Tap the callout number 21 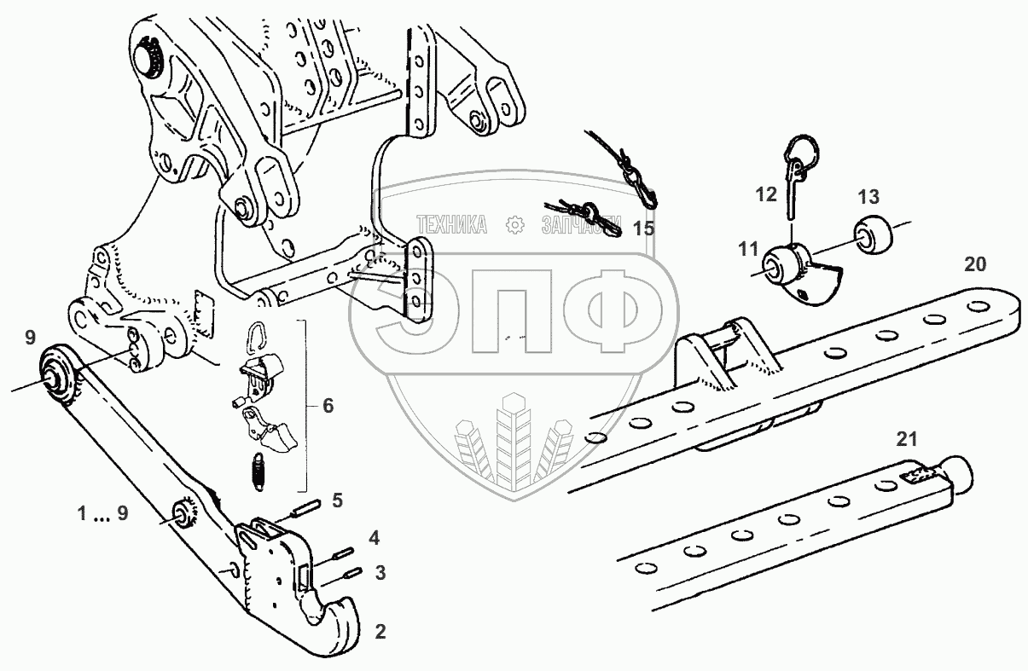click(906, 439)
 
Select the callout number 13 click(868, 198)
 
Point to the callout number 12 click(766, 194)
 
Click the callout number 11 click(748, 249)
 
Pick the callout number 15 click(643, 228)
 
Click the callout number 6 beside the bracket click(328, 406)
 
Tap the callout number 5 click(338, 500)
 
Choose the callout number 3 click(380, 573)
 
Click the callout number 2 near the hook click(380, 632)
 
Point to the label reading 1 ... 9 click(102, 514)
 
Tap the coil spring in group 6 click(258, 471)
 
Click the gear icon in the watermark click(514, 224)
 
